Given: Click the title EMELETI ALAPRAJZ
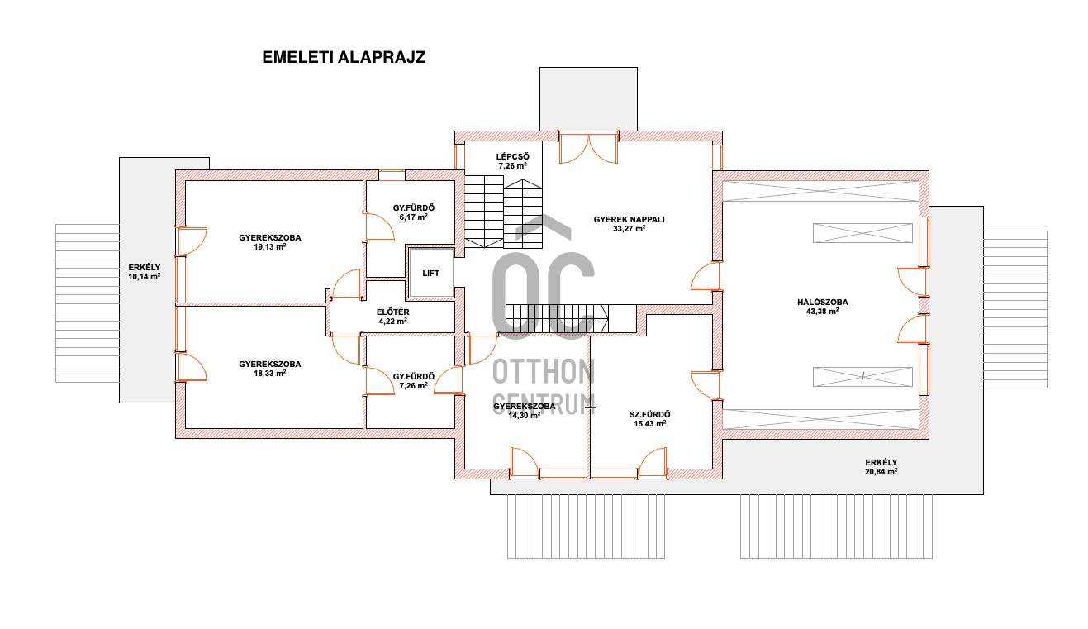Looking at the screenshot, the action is (x=344, y=57).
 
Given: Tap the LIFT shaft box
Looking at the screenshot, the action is (x=431, y=273).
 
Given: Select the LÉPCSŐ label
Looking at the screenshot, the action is (x=512, y=156).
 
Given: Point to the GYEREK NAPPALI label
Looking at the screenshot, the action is (x=629, y=219).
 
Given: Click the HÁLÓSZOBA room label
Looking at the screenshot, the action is (x=822, y=302).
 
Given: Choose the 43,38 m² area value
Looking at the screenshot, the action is (x=822, y=311).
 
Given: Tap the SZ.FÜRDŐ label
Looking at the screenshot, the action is (x=650, y=414).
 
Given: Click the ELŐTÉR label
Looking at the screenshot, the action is (x=393, y=312).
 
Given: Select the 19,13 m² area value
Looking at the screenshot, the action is (x=269, y=246).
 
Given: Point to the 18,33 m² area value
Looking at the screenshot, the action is (x=269, y=373).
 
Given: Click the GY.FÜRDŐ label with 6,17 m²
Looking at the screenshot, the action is (x=414, y=207).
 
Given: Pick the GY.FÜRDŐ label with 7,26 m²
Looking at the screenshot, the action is (x=414, y=376).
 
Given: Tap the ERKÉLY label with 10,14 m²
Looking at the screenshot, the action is (x=145, y=267).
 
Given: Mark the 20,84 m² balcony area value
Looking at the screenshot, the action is (x=881, y=471).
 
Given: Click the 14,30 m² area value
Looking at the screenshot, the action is (x=524, y=415).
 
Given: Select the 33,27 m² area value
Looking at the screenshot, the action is (x=629, y=228).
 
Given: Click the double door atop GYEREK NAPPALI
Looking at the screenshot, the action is (x=589, y=148).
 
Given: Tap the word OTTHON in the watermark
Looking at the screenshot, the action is (x=544, y=371).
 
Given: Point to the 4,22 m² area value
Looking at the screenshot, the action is (x=393, y=321).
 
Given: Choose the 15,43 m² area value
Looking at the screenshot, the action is (x=650, y=423).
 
